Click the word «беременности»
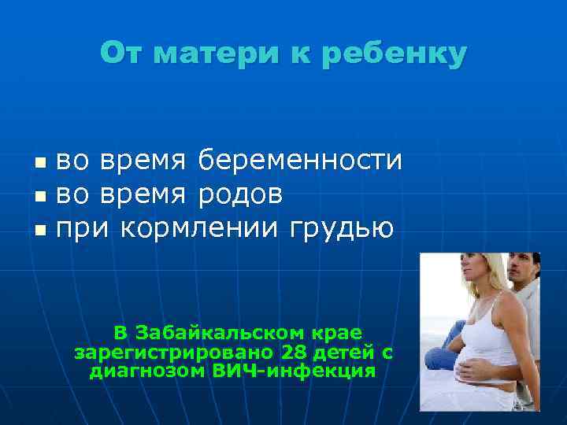pyautogui.click(x=300, y=161)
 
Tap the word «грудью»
pyautogui.click(x=342, y=229)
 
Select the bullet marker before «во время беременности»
pyautogui.click(x=41, y=164)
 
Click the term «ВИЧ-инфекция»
pyautogui.click(x=294, y=371)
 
